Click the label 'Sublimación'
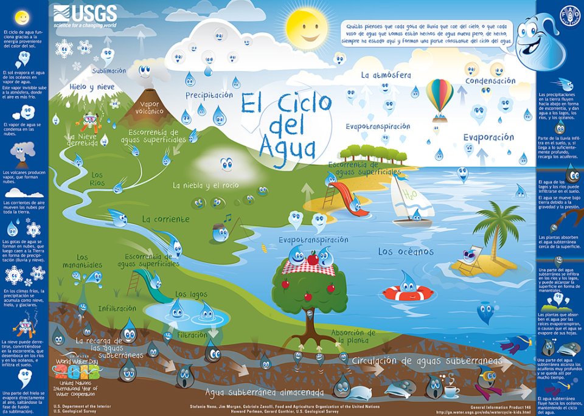click(x=109, y=71)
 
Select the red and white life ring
click(x=408, y=293)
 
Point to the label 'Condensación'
click(x=490, y=81)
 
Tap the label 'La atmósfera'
click(x=386, y=75)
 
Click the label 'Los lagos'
click(x=191, y=294)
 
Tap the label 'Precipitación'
click(x=209, y=95)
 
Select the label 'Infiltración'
click(x=117, y=308)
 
